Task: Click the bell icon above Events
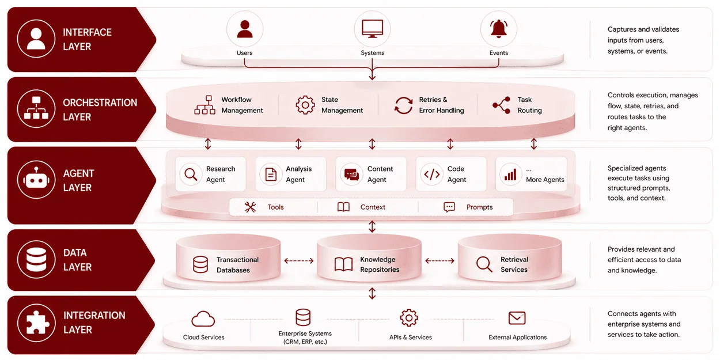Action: (x=499, y=29)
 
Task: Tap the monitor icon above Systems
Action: (x=372, y=29)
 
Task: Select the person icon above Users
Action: (x=245, y=29)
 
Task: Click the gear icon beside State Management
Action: (x=305, y=105)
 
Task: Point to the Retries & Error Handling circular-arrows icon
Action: (x=403, y=105)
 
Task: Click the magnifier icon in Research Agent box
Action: (x=191, y=174)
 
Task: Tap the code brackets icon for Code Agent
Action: (x=431, y=174)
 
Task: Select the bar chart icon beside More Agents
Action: (x=510, y=175)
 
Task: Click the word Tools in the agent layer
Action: (x=275, y=207)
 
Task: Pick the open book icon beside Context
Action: (x=343, y=207)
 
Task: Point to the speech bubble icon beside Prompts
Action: (x=449, y=207)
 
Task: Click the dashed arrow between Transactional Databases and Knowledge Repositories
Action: (x=298, y=261)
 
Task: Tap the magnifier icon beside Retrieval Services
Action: (x=484, y=264)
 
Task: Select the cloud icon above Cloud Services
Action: (x=203, y=319)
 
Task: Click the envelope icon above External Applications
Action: (x=517, y=318)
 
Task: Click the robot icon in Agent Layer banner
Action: (x=36, y=179)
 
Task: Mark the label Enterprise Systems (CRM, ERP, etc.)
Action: (x=305, y=338)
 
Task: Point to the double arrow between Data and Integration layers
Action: (x=372, y=293)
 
